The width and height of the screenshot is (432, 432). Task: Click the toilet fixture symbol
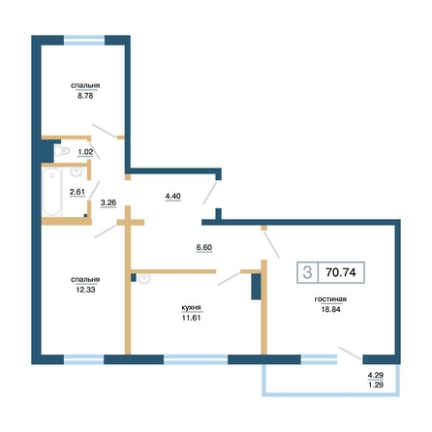(x=62, y=151)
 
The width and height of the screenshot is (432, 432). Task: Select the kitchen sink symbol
(x=144, y=279)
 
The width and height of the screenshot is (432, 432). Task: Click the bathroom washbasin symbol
(x=77, y=171)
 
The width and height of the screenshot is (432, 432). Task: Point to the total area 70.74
(x=341, y=272)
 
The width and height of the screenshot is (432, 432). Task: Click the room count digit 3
(x=307, y=272)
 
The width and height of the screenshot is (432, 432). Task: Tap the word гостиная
(x=330, y=299)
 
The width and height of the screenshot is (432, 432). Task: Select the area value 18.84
(x=330, y=309)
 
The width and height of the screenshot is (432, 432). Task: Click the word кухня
(x=191, y=308)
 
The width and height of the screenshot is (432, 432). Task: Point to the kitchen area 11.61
(x=191, y=318)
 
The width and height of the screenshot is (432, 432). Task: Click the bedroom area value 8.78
(x=85, y=96)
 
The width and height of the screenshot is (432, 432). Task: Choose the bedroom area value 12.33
(x=85, y=290)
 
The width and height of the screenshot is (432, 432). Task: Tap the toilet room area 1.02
(x=85, y=152)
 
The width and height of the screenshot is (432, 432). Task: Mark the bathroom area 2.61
(x=77, y=192)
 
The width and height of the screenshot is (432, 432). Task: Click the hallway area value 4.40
(x=173, y=196)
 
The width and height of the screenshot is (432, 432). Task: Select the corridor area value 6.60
(x=204, y=247)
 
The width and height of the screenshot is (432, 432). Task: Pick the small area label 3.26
(x=108, y=202)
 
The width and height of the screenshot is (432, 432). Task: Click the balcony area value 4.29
(x=376, y=375)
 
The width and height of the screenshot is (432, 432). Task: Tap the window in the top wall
(x=84, y=40)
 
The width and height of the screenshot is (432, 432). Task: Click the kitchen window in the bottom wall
(x=196, y=359)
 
